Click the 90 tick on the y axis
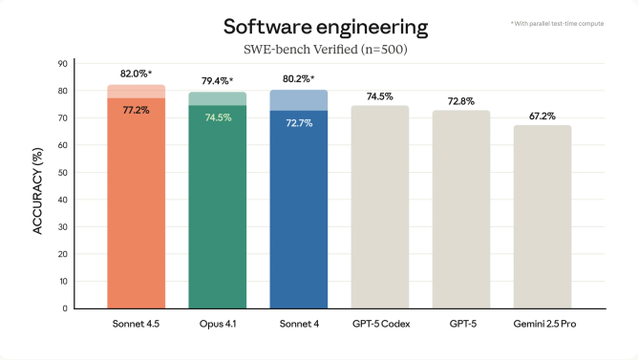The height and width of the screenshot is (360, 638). [62, 64]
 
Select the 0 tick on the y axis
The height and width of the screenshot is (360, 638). [65, 308]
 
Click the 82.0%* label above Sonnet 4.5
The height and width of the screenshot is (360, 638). [137, 74]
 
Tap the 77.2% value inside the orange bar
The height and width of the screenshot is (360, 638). [136, 111]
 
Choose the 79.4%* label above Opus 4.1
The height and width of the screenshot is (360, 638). [218, 81]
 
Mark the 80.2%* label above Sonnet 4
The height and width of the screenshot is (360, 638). [299, 79]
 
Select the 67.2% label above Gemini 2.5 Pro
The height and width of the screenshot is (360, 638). [542, 115]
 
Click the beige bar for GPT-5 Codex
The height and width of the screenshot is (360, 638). [380, 210]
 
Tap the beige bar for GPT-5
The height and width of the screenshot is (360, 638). [461, 210]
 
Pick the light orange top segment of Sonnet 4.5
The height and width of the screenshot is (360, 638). [137, 92]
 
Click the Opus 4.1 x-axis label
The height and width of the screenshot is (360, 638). [218, 325]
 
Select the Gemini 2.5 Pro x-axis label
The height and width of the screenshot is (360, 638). [542, 325]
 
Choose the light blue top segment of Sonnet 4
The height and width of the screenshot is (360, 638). [299, 100]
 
